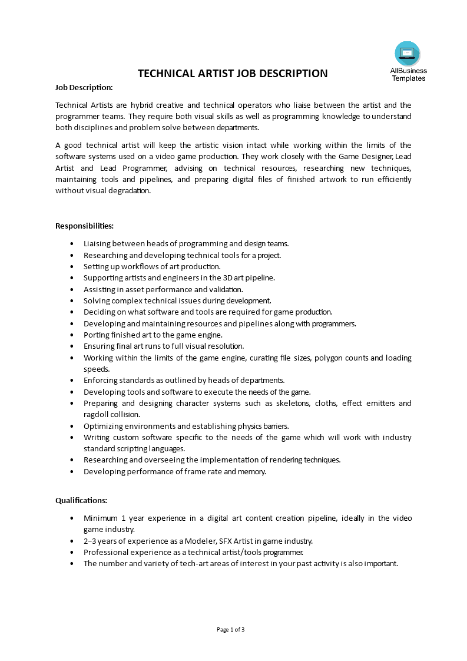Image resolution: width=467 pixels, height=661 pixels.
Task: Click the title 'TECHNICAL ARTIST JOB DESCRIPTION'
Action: (x=233, y=74)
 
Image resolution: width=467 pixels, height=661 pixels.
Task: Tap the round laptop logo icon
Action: (x=408, y=54)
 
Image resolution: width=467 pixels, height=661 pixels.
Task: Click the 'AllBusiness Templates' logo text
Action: (x=408, y=75)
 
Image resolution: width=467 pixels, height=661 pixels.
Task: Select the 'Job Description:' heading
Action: (x=84, y=87)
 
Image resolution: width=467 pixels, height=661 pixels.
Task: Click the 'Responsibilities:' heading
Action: (x=85, y=226)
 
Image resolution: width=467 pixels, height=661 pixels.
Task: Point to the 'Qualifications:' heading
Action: (x=81, y=500)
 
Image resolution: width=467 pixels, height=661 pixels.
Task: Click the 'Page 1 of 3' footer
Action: (x=231, y=629)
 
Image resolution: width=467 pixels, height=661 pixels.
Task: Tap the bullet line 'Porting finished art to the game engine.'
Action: (x=153, y=335)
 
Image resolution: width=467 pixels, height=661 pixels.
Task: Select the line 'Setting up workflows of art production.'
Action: (x=152, y=266)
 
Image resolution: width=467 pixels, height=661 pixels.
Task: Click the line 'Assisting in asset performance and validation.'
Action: (x=163, y=289)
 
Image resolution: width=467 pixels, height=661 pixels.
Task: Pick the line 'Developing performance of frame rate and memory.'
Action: (x=175, y=471)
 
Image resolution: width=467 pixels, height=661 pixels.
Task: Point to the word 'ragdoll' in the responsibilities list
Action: (x=95, y=414)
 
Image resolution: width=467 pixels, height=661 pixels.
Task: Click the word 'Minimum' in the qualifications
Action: (x=100, y=518)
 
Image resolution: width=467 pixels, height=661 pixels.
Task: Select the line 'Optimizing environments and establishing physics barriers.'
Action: (x=186, y=426)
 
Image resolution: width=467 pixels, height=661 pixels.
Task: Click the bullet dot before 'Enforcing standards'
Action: (x=72, y=381)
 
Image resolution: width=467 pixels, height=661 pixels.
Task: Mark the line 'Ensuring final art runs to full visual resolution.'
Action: (x=164, y=346)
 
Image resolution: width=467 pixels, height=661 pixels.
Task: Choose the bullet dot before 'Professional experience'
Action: (x=72, y=553)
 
